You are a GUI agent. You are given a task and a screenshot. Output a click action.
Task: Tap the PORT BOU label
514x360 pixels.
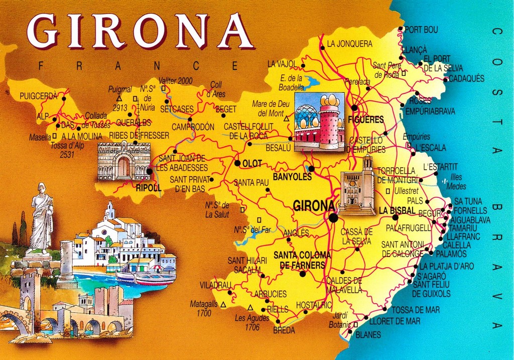421,30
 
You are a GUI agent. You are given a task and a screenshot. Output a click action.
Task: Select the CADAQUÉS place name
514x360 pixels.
466,79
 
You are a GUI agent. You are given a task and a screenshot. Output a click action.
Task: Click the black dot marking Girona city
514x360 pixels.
333,217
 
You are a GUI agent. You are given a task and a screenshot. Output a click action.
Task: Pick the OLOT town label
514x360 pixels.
252,164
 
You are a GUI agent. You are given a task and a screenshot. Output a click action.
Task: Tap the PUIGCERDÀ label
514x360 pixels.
39,96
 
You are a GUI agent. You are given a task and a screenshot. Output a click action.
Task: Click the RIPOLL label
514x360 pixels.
149,188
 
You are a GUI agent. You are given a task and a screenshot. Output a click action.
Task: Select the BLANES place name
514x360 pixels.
368,335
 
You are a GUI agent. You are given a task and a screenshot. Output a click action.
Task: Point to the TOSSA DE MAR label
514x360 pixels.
416,310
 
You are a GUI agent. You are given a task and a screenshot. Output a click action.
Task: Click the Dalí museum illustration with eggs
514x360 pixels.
319,122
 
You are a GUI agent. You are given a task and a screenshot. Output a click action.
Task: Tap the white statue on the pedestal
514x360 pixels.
41,217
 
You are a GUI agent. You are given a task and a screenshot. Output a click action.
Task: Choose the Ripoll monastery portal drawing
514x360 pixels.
123,161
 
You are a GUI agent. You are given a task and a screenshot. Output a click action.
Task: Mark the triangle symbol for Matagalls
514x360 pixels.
223,304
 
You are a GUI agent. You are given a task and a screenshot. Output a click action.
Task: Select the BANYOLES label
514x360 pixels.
292,177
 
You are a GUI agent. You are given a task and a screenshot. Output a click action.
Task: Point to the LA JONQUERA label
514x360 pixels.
349,44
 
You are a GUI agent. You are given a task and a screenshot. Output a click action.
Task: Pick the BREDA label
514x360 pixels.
284,330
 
